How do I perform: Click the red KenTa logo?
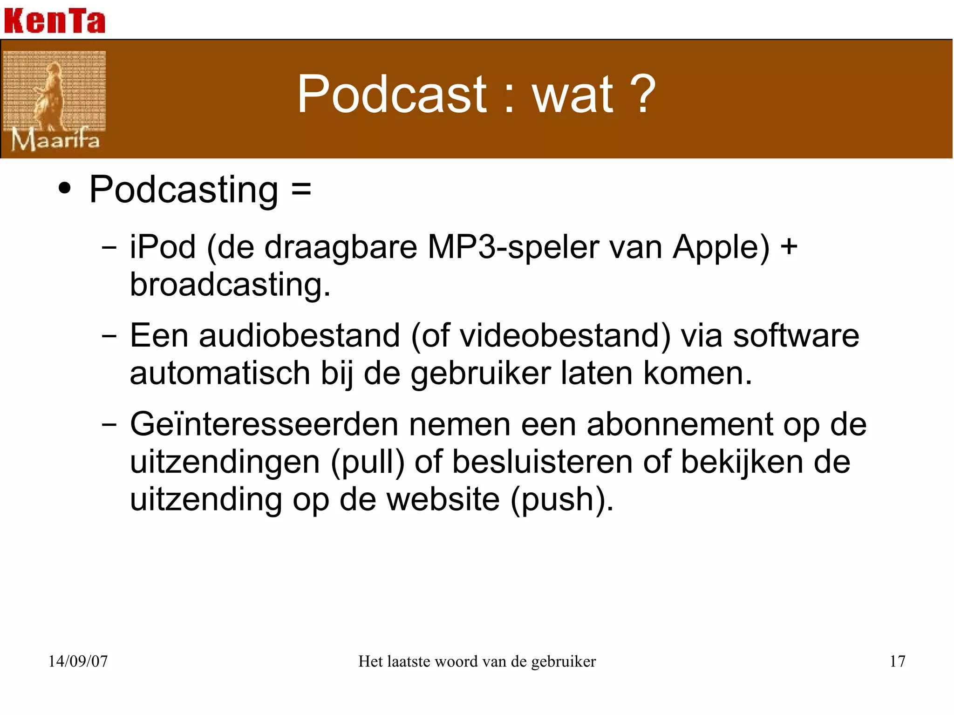pos(55,21)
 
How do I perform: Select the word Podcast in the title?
pos(392,94)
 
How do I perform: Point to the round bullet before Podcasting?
pos(65,189)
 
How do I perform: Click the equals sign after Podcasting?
pos(301,190)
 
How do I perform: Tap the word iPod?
pos(163,247)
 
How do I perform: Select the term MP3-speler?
pos(513,247)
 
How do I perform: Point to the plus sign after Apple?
pos(789,247)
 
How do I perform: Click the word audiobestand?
pos(300,335)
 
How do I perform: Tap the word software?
pos(796,335)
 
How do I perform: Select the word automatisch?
pos(220,374)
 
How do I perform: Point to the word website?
pos(443,499)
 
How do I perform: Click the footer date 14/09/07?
pos(78,661)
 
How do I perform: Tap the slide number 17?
pos(897,661)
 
